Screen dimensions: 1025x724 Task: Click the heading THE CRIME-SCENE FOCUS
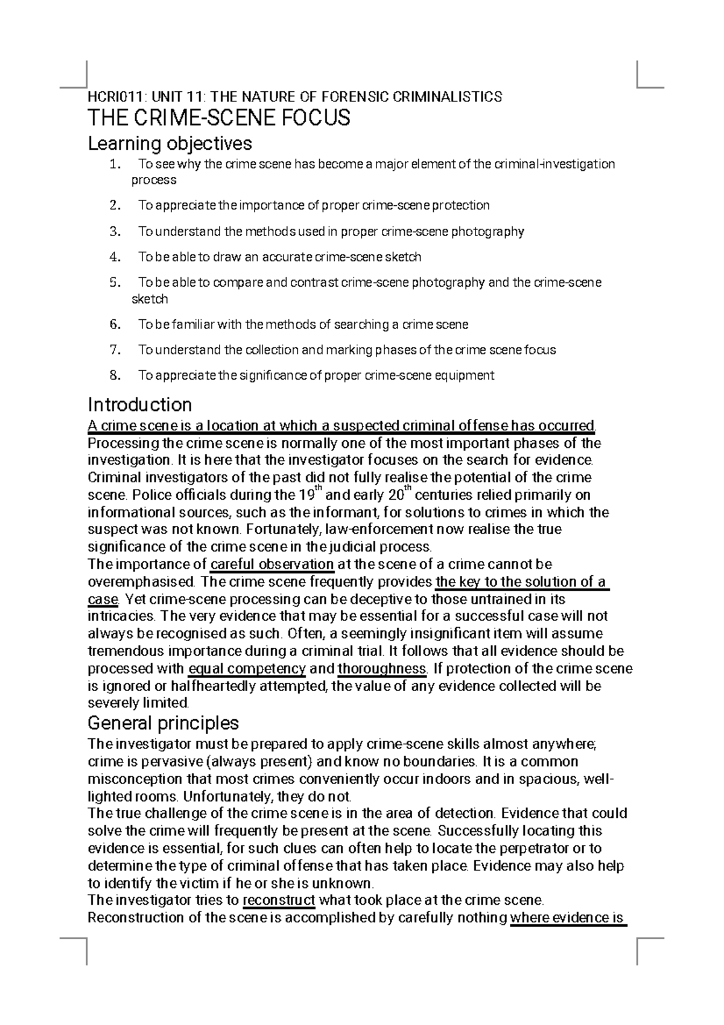click(219, 118)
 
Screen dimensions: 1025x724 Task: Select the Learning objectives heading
click(170, 144)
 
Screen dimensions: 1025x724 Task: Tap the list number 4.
click(115, 257)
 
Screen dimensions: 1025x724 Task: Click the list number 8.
click(115, 375)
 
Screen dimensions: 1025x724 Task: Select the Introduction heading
click(139, 404)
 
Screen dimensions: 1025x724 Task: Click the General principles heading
click(163, 723)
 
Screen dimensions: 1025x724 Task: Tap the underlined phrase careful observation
click(271, 564)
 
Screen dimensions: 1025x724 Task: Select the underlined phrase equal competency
click(247, 669)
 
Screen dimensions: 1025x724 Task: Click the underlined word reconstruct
click(279, 901)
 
